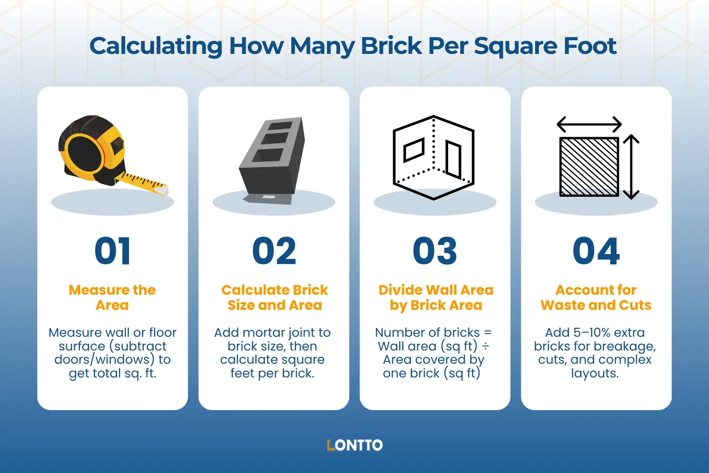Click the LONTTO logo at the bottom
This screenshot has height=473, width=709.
tap(354, 445)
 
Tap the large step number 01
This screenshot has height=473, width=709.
tap(112, 251)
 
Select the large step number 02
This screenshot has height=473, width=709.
tap(274, 251)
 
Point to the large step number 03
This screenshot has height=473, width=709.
tap(435, 251)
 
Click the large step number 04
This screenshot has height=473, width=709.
tap(596, 251)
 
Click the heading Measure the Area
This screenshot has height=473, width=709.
tap(112, 297)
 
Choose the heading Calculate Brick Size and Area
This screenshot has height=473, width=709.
tap(275, 297)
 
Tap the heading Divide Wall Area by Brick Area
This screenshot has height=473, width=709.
tap(436, 297)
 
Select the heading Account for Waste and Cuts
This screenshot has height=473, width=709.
tap(596, 297)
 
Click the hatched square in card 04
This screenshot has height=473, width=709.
tap(589, 166)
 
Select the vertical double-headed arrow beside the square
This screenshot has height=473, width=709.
tap(631, 166)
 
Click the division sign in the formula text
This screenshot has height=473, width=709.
tap(485, 346)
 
